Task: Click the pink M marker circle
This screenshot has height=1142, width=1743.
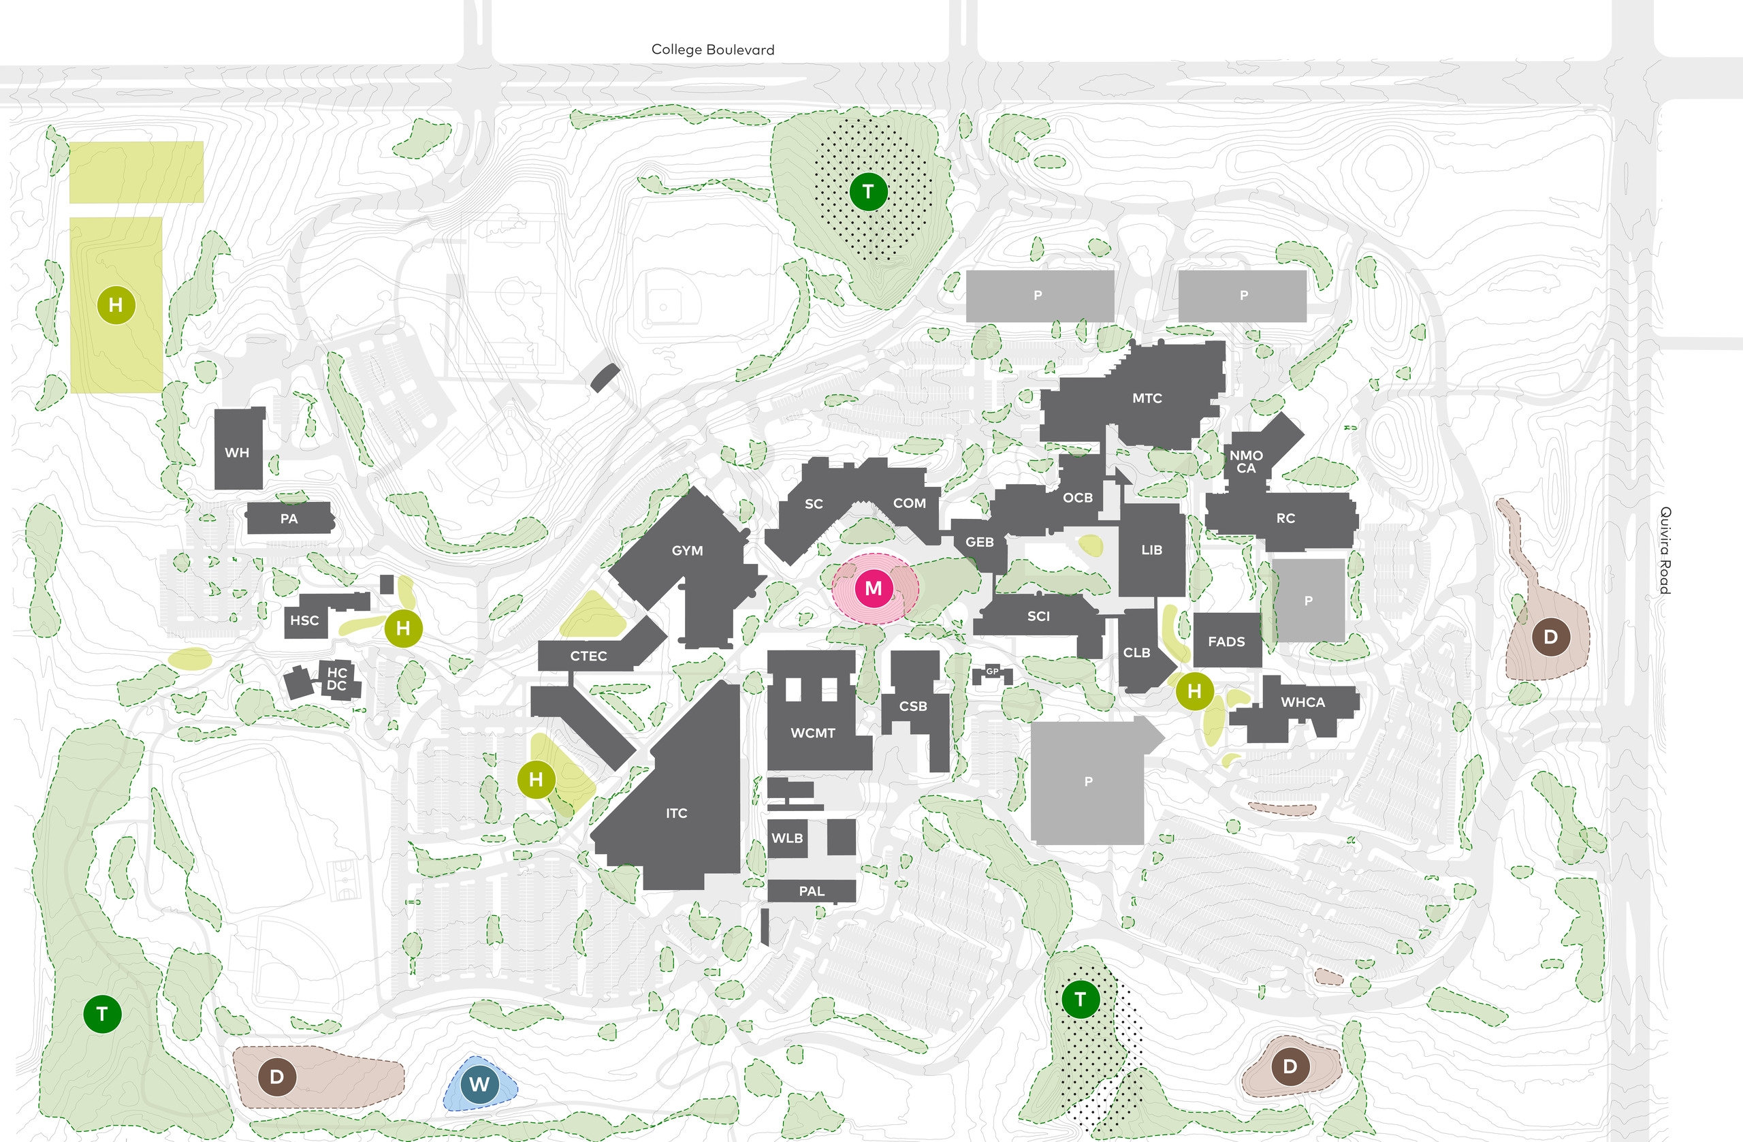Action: click(873, 589)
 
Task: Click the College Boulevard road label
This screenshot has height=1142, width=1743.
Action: click(713, 50)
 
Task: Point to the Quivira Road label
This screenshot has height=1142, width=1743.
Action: click(1665, 550)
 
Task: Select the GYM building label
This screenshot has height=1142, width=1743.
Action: click(687, 550)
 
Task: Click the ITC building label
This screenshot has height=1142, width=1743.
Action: click(676, 813)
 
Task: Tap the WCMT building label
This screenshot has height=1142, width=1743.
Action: click(812, 733)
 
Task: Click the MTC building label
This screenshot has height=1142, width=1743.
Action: click(1147, 398)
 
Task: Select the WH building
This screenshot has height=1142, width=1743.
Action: click(238, 452)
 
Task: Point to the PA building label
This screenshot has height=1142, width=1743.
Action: click(289, 519)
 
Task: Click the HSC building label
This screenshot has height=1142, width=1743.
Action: click(304, 620)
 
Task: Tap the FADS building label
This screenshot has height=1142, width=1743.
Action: click(1226, 641)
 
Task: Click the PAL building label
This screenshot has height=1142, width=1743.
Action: click(811, 891)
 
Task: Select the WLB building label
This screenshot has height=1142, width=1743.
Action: click(786, 838)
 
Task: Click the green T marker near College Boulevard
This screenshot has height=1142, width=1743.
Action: click(868, 192)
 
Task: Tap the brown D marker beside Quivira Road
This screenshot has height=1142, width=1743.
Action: click(1550, 637)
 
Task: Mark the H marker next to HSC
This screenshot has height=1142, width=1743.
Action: click(403, 628)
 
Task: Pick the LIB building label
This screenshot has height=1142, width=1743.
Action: click(1151, 550)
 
